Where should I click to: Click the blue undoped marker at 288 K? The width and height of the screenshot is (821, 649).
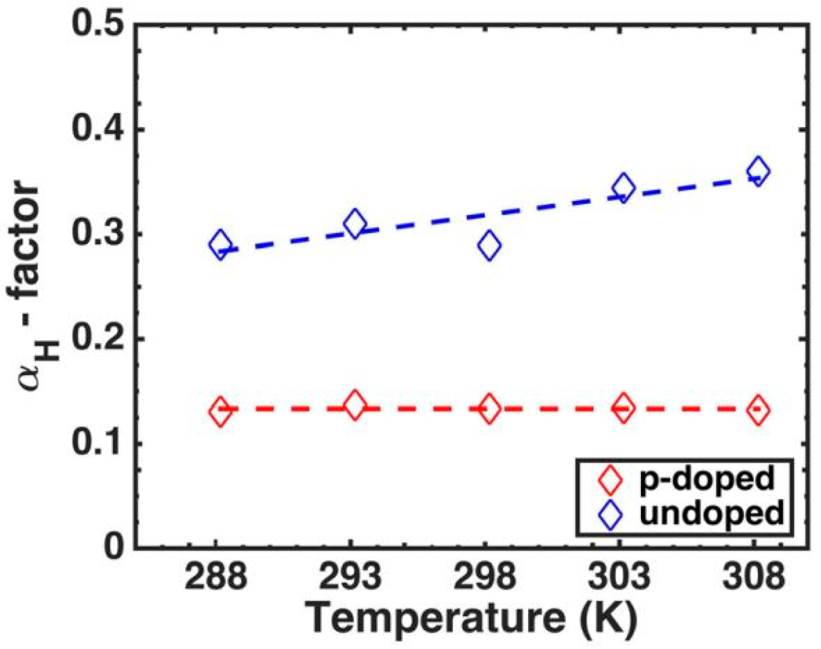220,245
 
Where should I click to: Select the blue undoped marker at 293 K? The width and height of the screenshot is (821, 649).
355,223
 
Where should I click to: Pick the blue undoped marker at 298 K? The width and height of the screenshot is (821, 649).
490,245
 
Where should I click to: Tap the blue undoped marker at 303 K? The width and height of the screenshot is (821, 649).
624,188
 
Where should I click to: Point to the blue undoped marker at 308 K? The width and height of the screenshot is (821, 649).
759,171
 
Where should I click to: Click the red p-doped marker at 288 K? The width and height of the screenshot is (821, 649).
220,412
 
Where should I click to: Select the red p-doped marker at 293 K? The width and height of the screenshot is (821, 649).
355,406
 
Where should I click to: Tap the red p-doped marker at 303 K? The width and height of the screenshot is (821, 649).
624,409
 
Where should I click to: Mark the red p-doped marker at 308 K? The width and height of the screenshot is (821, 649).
759,410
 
